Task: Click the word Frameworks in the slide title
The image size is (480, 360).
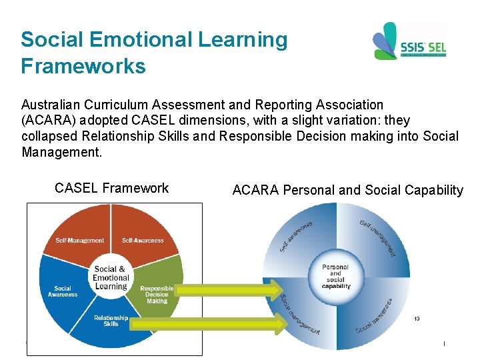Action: (83, 67)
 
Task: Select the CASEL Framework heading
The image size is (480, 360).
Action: (112, 189)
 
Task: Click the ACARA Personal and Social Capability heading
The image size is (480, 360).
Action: (347, 191)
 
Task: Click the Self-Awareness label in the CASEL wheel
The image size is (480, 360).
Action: (143, 241)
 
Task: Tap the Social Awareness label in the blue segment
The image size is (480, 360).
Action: (63, 291)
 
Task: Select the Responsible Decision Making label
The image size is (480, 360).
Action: (157, 295)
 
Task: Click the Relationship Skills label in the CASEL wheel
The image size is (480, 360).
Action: (111, 321)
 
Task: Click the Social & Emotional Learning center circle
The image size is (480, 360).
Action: (111, 277)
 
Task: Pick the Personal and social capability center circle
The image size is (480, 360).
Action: (335, 276)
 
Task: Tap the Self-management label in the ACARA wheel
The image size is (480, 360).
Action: (377, 237)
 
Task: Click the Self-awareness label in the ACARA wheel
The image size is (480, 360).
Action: (295, 237)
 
